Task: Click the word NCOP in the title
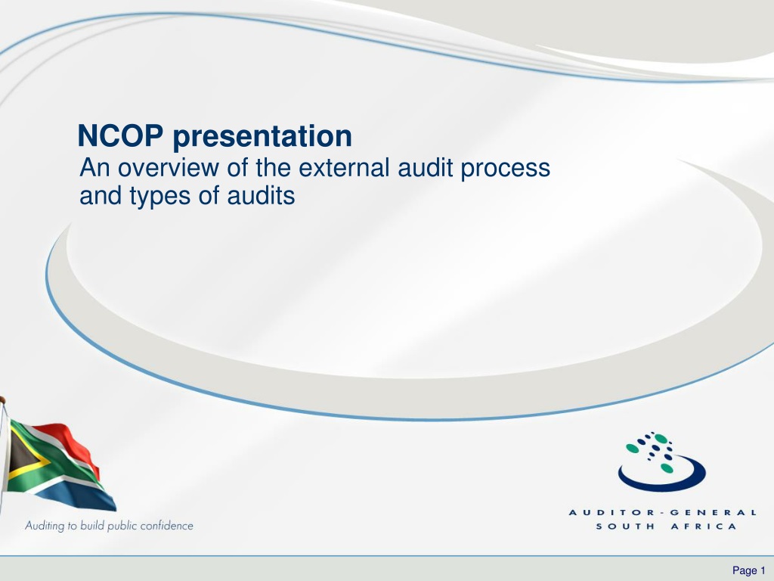pos(120,135)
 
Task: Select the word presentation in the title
pos(262,137)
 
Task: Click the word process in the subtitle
pos(506,169)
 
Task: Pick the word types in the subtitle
pos(160,197)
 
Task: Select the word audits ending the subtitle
pos(261,195)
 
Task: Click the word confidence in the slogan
pos(166,526)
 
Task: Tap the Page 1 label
pos(748,570)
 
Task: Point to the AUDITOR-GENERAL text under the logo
pos(662,512)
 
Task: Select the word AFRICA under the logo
pos(704,527)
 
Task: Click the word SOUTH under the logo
pos(625,527)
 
